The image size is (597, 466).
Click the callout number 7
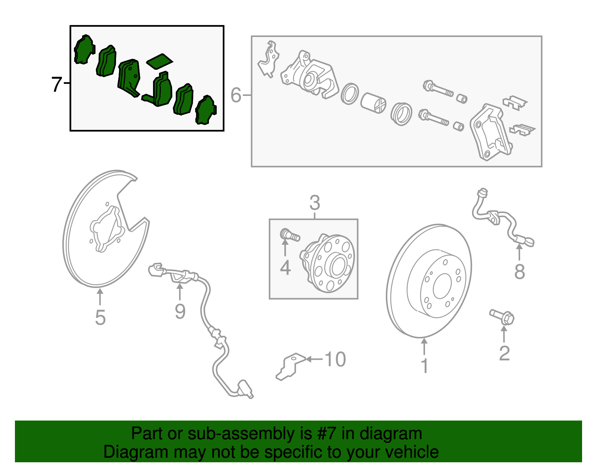56,84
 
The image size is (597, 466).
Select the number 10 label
335,359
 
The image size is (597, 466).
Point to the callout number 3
315,203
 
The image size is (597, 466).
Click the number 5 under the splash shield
100,318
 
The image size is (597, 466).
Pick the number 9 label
180,311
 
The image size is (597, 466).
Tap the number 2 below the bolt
504,353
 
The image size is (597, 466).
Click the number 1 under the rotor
424,366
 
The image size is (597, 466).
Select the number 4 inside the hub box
285,268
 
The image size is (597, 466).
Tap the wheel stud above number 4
290,235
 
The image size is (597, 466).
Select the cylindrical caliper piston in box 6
373,102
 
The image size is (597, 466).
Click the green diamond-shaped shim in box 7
159,62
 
